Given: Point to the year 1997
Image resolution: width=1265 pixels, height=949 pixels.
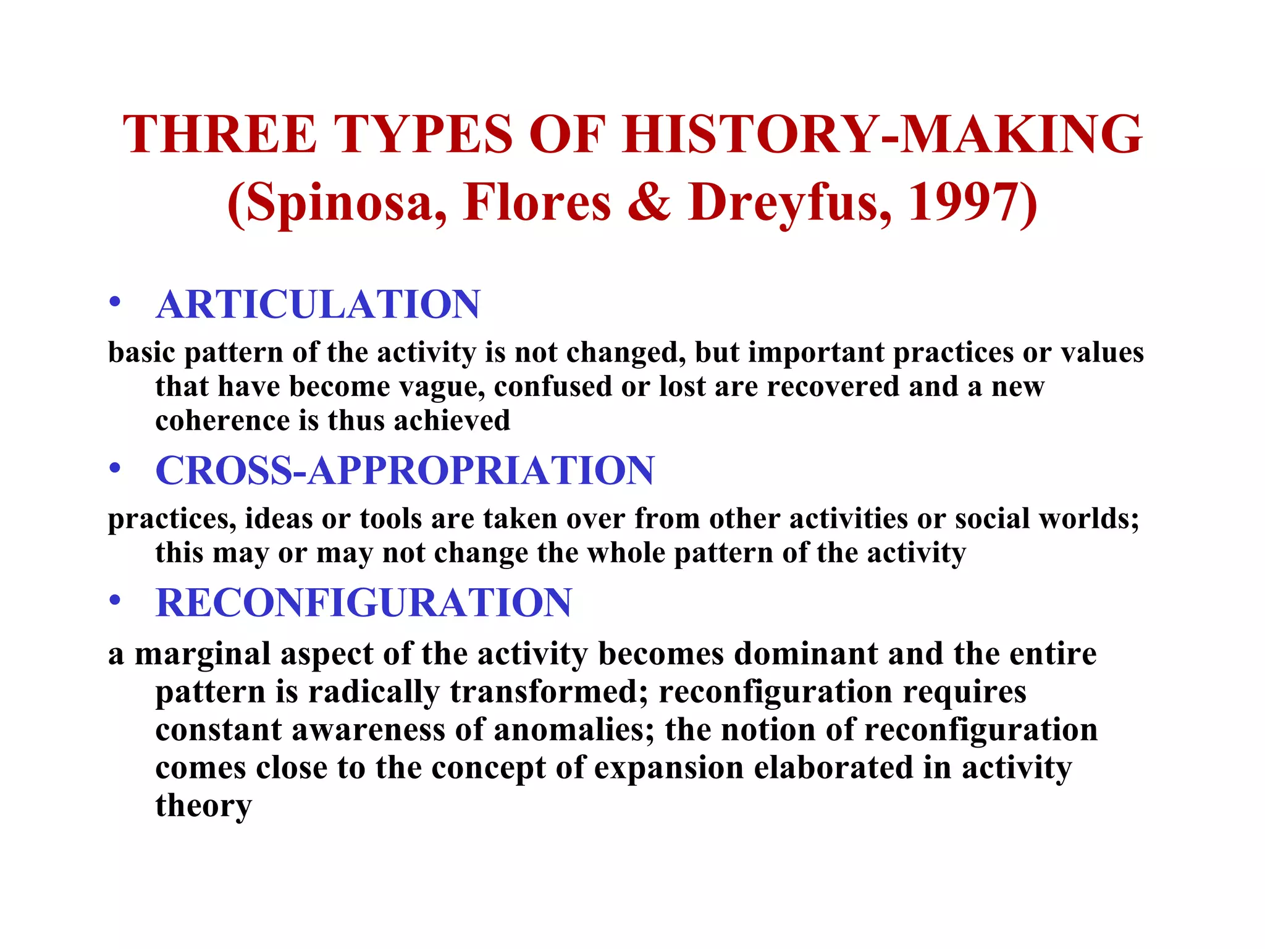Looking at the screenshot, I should [x=964, y=203].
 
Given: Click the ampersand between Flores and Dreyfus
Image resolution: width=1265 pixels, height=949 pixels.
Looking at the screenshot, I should [x=649, y=203].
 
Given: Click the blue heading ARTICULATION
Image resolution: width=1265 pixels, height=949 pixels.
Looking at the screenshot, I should [x=317, y=305].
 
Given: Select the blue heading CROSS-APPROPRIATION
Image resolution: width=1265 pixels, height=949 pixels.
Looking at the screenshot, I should [x=405, y=471].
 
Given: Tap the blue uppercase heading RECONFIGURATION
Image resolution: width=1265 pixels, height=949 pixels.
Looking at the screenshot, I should [x=364, y=603].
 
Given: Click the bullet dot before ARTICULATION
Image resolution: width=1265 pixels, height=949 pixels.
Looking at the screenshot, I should [x=115, y=303].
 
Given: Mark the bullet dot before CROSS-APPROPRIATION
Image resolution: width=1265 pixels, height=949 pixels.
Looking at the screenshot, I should [x=115, y=469].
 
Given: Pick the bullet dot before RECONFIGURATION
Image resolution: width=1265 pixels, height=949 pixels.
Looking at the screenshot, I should [x=115, y=601].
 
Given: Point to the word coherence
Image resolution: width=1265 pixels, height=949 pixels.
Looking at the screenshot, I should [x=222, y=421].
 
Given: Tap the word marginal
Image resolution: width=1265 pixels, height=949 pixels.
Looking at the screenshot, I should [x=203, y=655].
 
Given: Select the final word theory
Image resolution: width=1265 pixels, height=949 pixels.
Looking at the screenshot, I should [x=203, y=806].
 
